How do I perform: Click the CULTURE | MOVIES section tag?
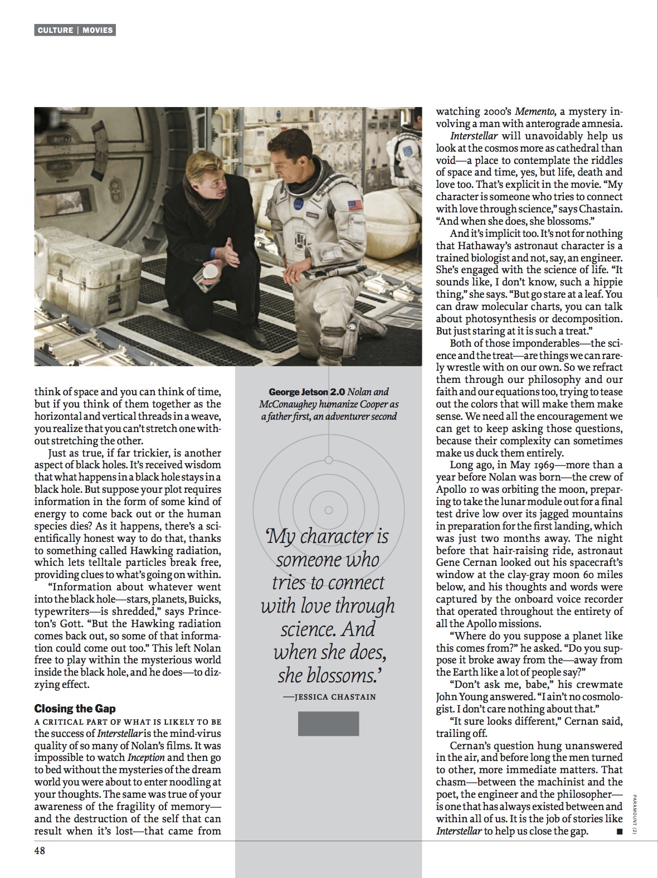pyautogui.click(x=75, y=30)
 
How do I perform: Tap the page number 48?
pyautogui.click(x=40, y=851)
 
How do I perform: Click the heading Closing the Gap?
pyautogui.click(x=75, y=709)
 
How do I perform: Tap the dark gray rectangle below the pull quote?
pyautogui.click(x=329, y=723)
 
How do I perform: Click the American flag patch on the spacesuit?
pyautogui.click(x=355, y=205)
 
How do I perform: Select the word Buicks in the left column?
pyautogui.click(x=204, y=599)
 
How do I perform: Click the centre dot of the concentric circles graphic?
pyautogui.click(x=329, y=510)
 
